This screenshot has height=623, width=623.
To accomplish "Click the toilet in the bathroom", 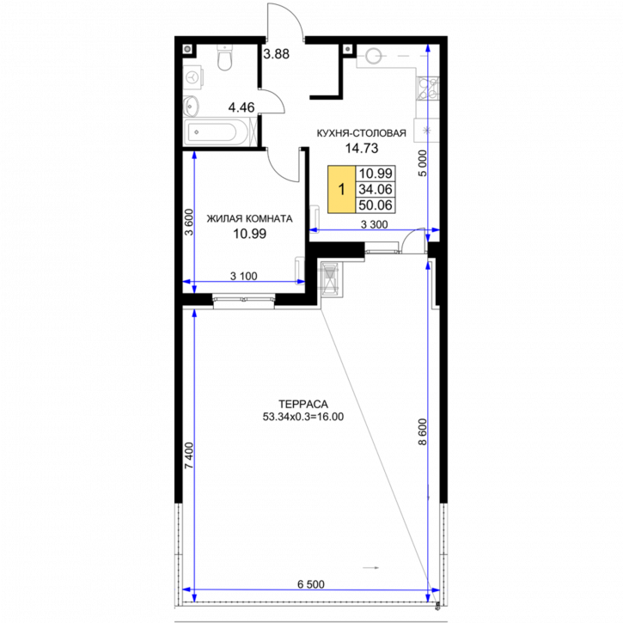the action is [x=224, y=58].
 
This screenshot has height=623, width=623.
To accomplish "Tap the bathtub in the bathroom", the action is [x=217, y=132].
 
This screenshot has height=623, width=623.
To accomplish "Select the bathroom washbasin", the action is [x=192, y=106].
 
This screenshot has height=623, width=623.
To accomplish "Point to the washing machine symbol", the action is [x=193, y=76].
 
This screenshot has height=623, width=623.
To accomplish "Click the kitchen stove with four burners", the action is [x=428, y=89].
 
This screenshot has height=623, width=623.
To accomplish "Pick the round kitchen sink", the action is [x=373, y=56].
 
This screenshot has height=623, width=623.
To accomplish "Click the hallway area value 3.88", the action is [x=277, y=53].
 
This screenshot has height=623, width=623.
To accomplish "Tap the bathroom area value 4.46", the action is [x=241, y=107].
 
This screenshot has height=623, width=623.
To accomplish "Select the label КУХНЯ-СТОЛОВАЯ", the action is [x=361, y=133].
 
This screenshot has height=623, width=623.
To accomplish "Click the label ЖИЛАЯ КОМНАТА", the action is [x=249, y=218].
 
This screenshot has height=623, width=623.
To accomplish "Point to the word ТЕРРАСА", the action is [x=303, y=405].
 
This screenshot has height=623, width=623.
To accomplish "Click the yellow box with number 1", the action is [x=341, y=189].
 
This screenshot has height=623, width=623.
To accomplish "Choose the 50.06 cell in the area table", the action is [x=376, y=205].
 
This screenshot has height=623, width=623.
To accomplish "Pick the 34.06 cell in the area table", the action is [x=376, y=189].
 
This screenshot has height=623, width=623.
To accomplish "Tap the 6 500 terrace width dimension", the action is [x=311, y=584].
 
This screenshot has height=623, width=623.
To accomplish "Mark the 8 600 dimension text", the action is [x=423, y=432].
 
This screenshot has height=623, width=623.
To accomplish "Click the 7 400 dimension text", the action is [x=189, y=455].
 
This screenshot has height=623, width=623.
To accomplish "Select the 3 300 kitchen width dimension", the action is [x=374, y=225].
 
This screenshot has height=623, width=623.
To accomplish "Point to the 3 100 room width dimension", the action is [x=243, y=276].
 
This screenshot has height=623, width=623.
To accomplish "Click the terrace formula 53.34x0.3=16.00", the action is [x=303, y=417].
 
